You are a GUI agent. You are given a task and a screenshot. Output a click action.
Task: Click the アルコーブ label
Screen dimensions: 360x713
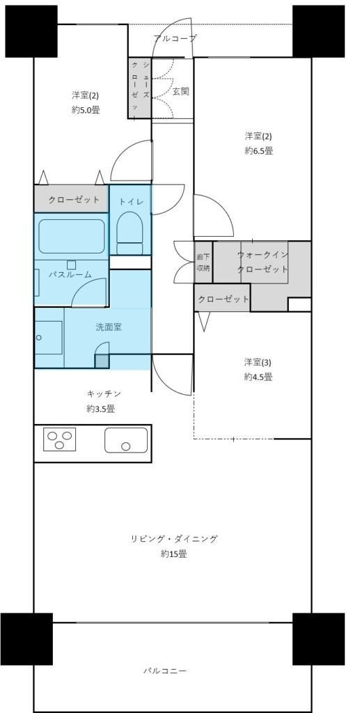[175, 39]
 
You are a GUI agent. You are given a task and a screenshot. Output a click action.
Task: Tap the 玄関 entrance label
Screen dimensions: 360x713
[180, 91]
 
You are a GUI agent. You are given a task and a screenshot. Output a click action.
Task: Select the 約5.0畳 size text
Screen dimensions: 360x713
[86, 109]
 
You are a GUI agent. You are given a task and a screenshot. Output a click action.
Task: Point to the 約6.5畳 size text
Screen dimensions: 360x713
[258, 151]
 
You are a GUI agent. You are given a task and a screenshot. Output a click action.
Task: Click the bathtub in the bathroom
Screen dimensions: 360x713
[72, 237]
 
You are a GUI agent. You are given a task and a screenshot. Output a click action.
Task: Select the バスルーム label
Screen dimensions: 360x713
[70, 274]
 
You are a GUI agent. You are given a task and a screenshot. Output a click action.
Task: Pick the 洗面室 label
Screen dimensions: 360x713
[108, 327]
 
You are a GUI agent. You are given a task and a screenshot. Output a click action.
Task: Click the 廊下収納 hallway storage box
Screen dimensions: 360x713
[203, 262]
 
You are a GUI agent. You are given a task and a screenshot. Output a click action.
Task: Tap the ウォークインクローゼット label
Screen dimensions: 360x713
[263, 262]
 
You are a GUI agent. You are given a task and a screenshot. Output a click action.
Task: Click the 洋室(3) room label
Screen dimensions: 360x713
[258, 362]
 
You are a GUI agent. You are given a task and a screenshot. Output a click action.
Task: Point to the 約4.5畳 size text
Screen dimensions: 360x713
[258, 377]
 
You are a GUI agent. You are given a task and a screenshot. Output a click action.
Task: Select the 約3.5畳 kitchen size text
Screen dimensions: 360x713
[101, 409]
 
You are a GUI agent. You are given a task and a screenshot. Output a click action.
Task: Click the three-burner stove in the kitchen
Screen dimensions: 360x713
[59, 439]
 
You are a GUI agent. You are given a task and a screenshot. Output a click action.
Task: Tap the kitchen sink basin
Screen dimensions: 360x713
[126, 440]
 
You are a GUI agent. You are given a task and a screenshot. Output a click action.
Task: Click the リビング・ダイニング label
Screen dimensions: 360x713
[174, 540]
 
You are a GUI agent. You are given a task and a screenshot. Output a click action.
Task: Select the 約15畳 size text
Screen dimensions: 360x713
[173, 554]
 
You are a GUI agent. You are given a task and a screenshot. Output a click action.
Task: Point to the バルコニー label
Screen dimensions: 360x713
[165, 671]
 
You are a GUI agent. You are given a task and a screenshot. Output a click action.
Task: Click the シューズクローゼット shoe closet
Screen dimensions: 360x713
[139, 88]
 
